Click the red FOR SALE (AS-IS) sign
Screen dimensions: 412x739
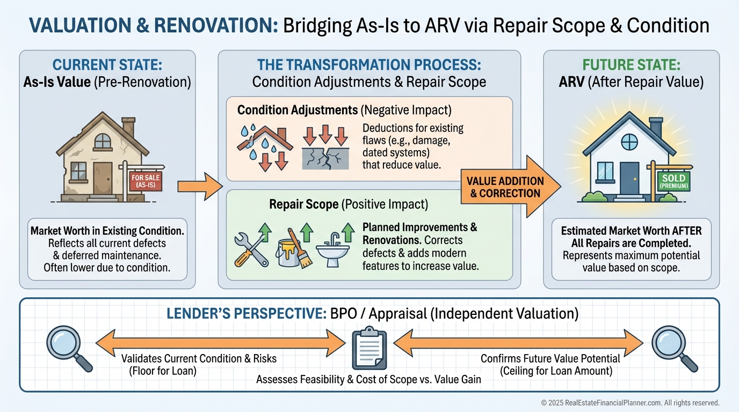pos(145,181)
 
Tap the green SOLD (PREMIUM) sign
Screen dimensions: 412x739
pos(674,181)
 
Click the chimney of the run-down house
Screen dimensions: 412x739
pos(128,128)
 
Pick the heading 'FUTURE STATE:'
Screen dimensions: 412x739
pos(631,66)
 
